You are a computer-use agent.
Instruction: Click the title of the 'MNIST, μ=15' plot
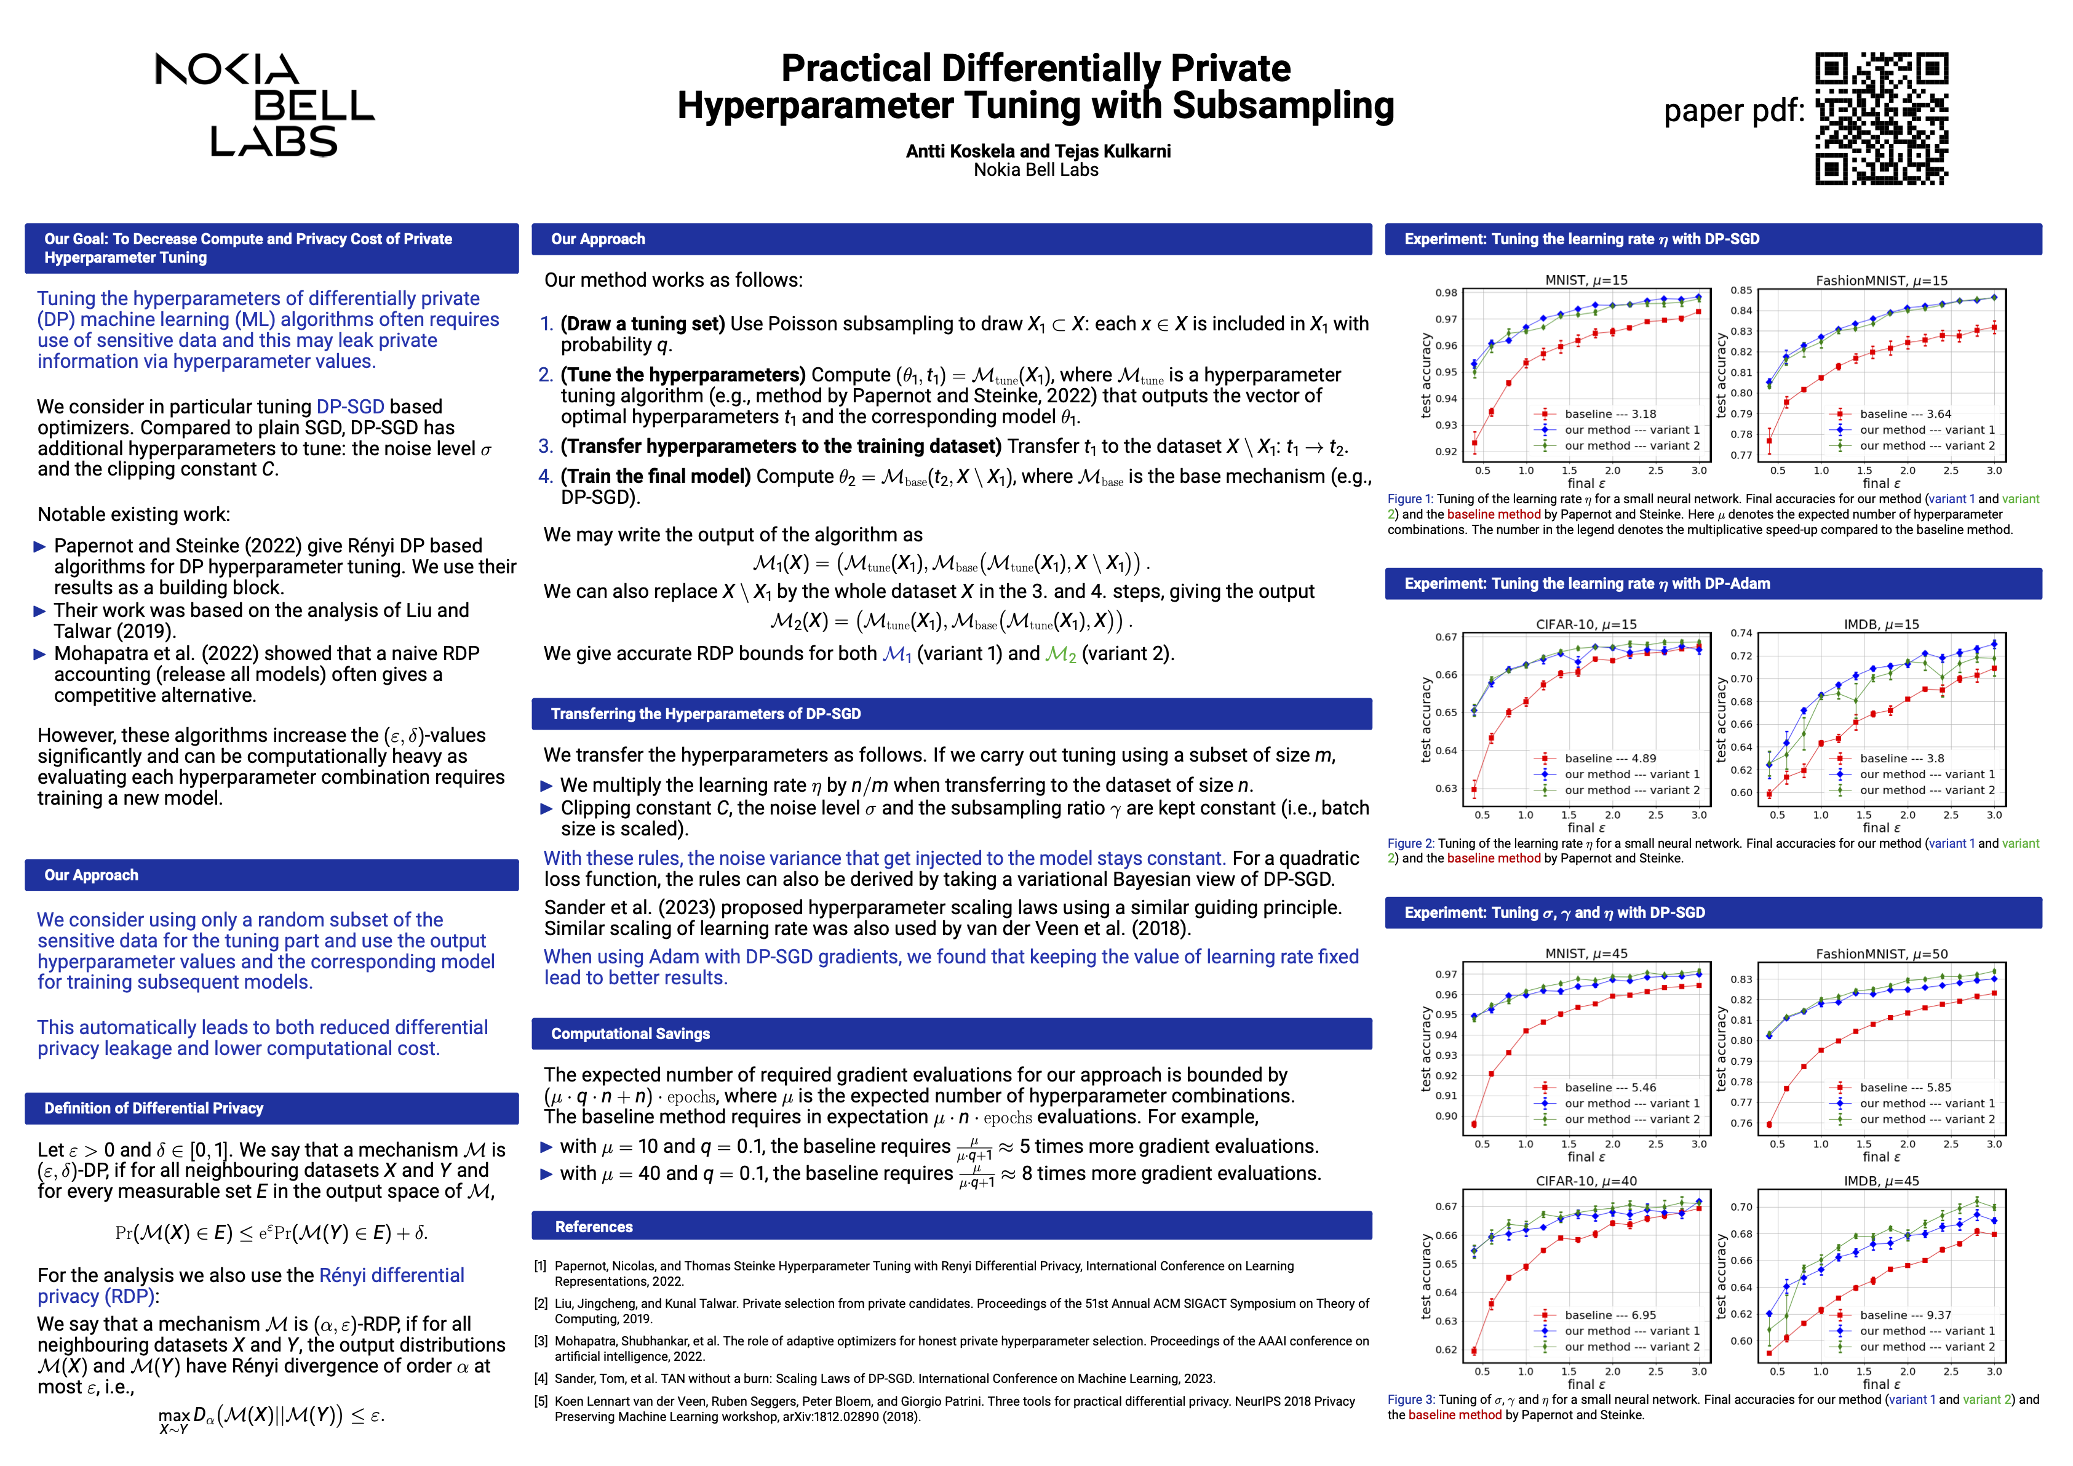pos(1585,281)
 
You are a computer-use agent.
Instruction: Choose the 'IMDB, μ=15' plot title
pos(1880,624)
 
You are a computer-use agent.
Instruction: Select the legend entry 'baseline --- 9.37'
pos(1905,1315)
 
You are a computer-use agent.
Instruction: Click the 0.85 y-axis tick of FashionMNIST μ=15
pos(1741,290)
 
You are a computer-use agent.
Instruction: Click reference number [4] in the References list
pos(541,1379)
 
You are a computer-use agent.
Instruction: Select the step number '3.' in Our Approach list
pos(546,447)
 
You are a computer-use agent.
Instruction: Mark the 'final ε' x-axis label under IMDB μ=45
pos(1880,1385)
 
